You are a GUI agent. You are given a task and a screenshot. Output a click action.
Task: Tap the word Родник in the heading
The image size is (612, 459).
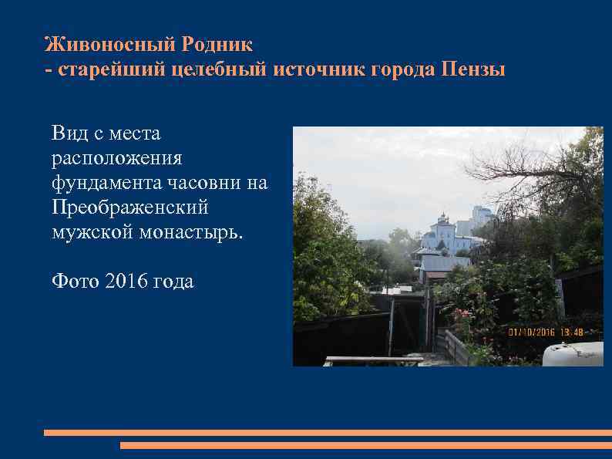click(217, 43)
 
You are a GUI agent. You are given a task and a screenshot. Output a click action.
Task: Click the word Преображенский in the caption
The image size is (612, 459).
click(129, 208)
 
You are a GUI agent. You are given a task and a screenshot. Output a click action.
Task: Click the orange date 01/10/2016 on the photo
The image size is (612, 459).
click(531, 332)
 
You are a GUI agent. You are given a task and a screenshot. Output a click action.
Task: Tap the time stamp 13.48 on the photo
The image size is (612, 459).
click(571, 332)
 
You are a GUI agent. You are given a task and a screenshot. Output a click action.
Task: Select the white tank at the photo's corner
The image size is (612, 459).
click(573, 354)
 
